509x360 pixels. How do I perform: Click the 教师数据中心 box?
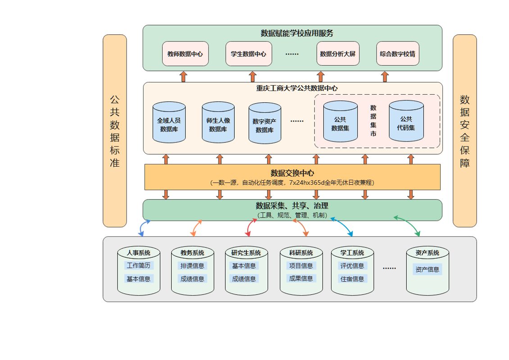185,54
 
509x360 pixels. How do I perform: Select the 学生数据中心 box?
249,54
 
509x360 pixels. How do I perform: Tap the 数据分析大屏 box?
338,54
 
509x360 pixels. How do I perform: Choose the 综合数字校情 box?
397,54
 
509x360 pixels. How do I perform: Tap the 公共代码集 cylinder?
406,122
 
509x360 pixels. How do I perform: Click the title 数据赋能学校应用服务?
292,33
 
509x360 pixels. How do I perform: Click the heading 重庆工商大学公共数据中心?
293,88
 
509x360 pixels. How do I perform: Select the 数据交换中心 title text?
292,173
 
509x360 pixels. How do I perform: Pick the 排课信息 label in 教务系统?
192,266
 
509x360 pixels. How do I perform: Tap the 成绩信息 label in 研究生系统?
244,279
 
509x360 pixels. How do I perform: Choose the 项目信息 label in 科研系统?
301,266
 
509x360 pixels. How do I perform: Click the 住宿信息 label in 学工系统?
352,279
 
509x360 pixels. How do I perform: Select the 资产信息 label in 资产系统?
427,269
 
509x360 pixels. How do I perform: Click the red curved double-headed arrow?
250,227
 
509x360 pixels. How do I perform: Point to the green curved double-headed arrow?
408,225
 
